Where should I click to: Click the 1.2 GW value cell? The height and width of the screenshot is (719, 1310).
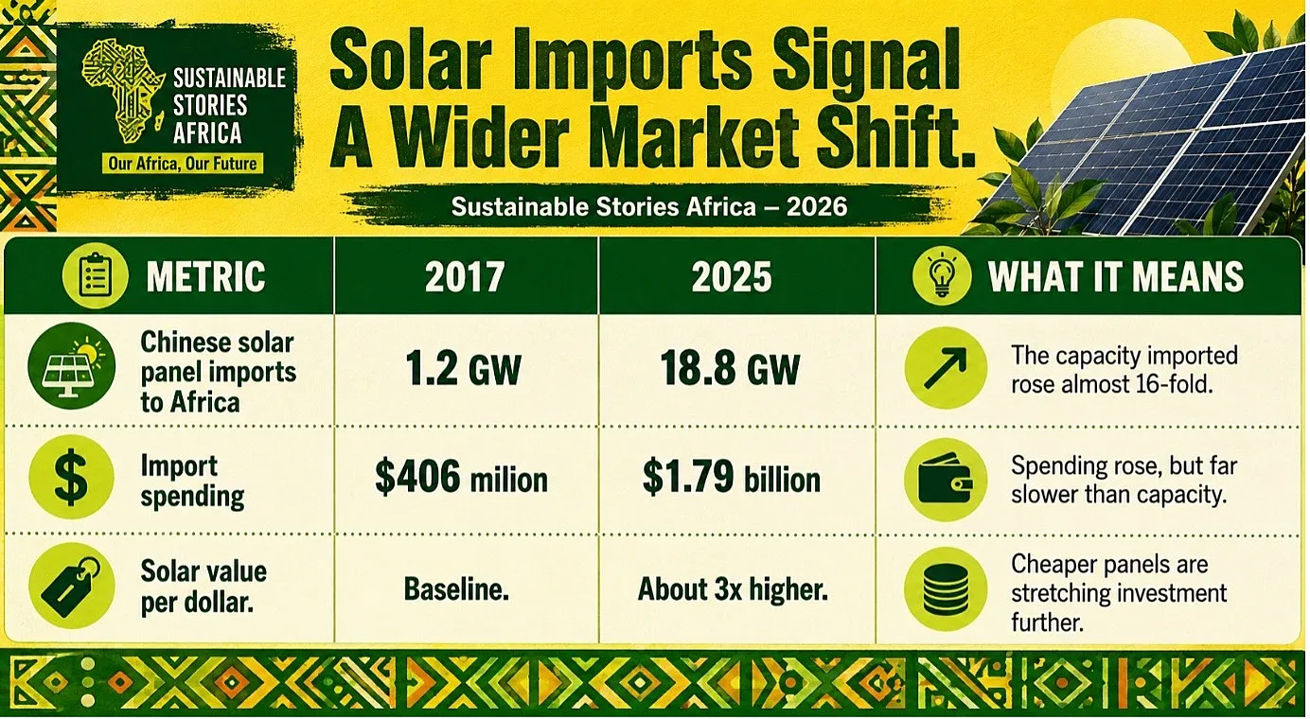463,370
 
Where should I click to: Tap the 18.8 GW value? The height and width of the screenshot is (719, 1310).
731,370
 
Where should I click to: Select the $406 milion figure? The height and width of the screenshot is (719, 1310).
461,478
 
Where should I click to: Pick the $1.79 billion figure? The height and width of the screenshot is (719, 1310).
731,478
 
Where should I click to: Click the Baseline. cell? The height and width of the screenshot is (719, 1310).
457,589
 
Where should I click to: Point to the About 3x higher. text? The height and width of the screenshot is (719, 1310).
733,589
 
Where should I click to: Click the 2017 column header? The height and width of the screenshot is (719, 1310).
465,277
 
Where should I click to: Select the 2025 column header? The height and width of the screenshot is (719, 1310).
732,277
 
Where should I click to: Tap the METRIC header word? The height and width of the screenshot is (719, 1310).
205,277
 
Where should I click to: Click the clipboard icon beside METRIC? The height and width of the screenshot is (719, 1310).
95,275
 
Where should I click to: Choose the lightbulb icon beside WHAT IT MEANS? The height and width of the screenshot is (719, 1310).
942,275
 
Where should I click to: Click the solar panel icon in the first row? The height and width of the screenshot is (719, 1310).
71,366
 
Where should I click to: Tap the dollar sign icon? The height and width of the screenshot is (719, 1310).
71,478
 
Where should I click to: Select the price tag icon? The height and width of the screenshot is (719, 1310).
71,587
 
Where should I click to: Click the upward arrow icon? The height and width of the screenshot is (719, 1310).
946,368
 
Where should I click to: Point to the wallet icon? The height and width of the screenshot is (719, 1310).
946,480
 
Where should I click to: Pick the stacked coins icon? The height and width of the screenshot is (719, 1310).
946,589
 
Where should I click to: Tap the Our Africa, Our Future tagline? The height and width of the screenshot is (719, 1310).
183,164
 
